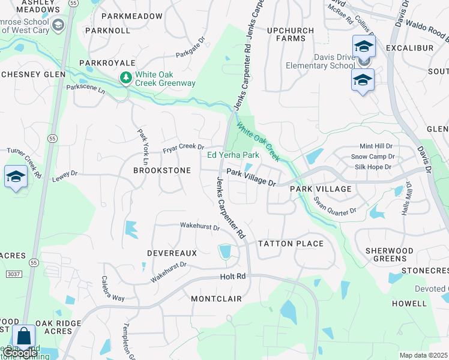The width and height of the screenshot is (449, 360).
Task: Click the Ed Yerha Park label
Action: pos(233,155)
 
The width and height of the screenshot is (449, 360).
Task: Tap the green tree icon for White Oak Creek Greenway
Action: pos(125,78)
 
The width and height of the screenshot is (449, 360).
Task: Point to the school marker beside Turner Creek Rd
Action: pos(16,177)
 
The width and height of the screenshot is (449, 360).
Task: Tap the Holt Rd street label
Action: pos(233,277)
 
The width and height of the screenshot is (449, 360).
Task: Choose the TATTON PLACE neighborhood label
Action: pos(291,244)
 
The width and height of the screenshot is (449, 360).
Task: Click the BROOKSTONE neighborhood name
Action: pos(162,170)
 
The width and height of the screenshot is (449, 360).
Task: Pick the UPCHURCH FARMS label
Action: pos(291,34)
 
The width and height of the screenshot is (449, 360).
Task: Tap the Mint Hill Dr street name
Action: pos(375,146)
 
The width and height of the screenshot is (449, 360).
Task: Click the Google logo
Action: pos(19,353)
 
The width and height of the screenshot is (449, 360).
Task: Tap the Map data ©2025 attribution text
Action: pos(424,355)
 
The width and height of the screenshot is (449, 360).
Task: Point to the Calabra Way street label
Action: pos(112,289)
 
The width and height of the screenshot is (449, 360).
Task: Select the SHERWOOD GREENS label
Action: pos(390,254)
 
